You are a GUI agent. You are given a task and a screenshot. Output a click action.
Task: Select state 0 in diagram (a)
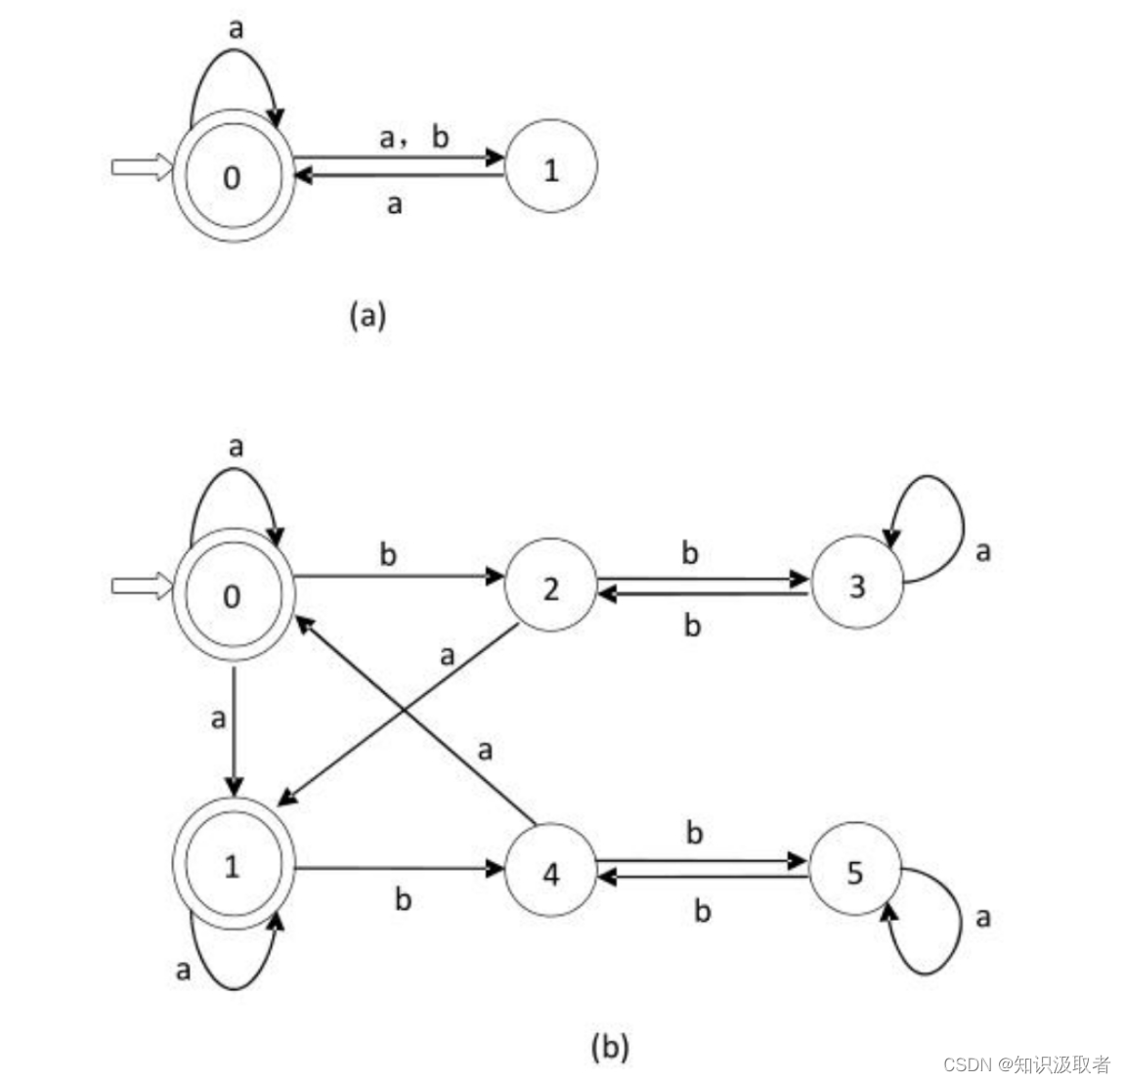(233, 176)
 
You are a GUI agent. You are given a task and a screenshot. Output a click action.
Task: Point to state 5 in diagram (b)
(855, 870)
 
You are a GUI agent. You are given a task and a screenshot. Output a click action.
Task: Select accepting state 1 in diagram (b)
(233, 865)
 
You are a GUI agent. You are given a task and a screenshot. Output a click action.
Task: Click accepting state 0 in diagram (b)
(233, 594)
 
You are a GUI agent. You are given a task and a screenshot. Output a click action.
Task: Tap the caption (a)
(368, 315)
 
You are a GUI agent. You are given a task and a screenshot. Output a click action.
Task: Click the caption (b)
(610, 1047)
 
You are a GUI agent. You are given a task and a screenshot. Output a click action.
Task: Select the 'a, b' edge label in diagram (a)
(413, 138)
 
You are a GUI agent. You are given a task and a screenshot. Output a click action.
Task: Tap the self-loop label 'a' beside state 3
(982, 552)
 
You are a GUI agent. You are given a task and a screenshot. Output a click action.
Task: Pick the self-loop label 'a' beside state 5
(982, 917)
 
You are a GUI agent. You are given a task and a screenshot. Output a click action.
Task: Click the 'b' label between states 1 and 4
(402, 899)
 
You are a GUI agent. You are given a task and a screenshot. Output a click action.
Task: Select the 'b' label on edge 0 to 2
(388, 554)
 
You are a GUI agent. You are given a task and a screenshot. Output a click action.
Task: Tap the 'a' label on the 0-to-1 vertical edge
(218, 719)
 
